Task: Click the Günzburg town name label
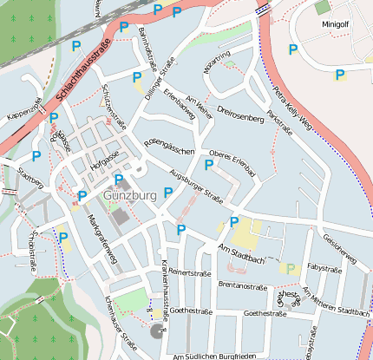[x=129, y=195]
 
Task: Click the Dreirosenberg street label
[x=240, y=113]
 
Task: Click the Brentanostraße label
[x=242, y=285]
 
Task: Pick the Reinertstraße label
[x=190, y=272]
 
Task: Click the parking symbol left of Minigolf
[x=292, y=49]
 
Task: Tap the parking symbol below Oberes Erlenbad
[x=208, y=164]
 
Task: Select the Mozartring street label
[x=217, y=62]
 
